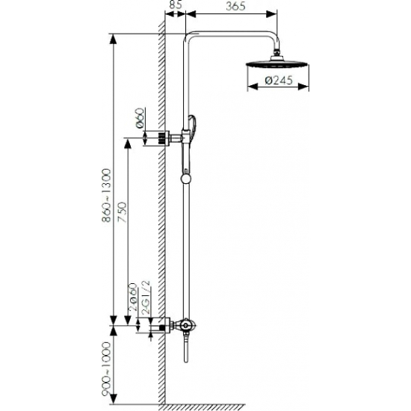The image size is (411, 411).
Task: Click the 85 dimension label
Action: [x=176, y=5]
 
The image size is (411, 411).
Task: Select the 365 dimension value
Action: [x=235, y=6]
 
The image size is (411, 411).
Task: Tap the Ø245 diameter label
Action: [x=279, y=80]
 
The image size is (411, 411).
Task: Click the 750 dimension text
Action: [x=122, y=212]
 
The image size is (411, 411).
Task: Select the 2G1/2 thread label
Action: [x=146, y=297]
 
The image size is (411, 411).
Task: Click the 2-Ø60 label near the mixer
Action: [x=134, y=297]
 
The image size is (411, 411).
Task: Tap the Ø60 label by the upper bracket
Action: [x=140, y=117]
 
